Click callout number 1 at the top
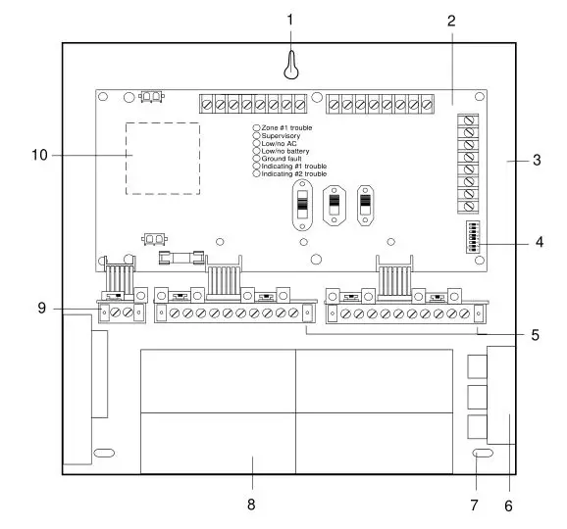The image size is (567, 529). coord(289,19)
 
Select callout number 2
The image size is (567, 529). coord(450,19)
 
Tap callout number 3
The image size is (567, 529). coord(537,159)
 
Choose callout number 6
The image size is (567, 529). coord(508,505)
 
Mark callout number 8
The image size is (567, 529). coord(252,505)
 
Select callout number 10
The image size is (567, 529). coord(39,154)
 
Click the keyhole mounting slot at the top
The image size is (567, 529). coord(289,65)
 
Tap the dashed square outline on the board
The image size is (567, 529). coord(163,159)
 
